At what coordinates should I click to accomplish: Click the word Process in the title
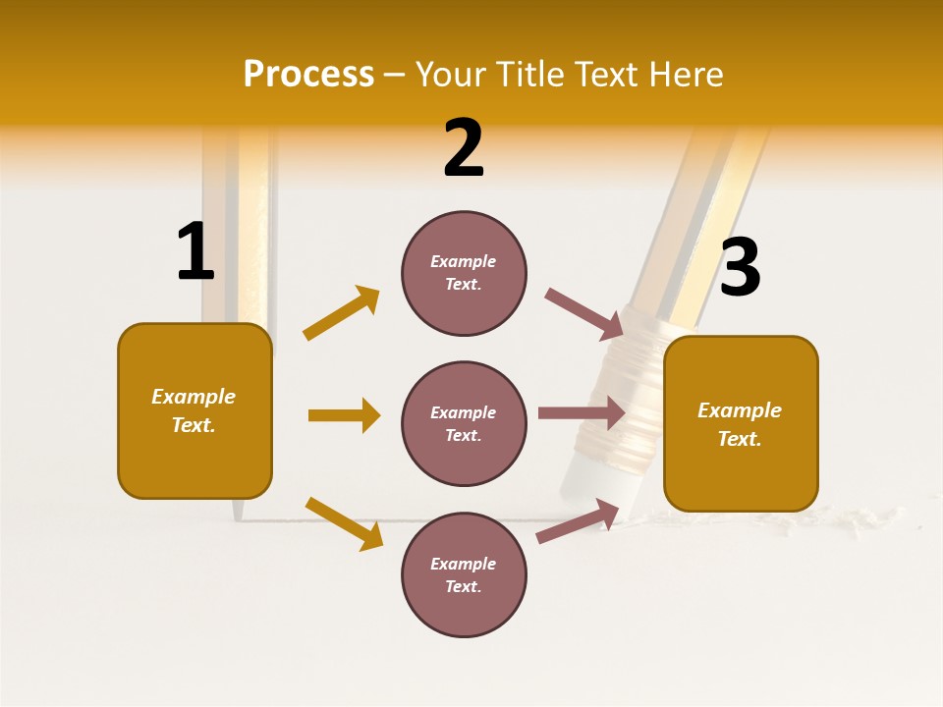[x=308, y=74]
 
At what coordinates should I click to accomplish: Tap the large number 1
[x=195, y=252]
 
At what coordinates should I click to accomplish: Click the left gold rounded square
[x=194, y=410]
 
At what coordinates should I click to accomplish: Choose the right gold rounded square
[x=741, y=423]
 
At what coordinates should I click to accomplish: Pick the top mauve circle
[x=464, y=272]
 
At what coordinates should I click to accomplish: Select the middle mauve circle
[x=464, y=423]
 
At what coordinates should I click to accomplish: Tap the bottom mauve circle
[x=464, y=574]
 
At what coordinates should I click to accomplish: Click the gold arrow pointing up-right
[x=342, y=312]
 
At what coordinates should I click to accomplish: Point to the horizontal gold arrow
[x=344, y=415]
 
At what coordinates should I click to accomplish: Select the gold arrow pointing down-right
[x=344, y=522]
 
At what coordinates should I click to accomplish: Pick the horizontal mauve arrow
[x=582, y=412]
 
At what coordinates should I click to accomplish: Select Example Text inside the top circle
[x=464, y=272]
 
